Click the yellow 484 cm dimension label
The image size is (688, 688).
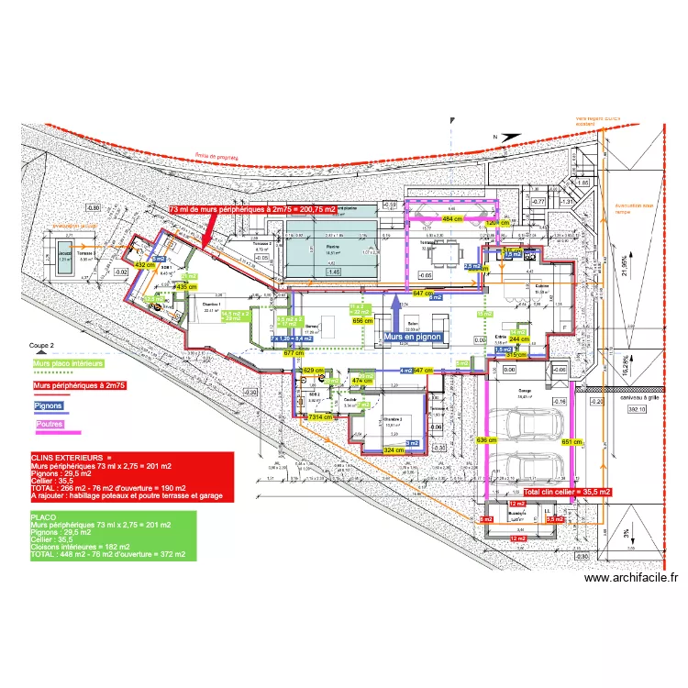[452, 220]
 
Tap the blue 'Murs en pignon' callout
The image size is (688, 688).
[413, 337]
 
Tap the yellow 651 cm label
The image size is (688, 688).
[571, 442]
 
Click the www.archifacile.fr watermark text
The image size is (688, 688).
[631, 578]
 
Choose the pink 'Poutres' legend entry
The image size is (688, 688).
[49, 423]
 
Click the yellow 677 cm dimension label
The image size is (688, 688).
[294, 352]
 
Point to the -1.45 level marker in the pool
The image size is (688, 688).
[333, 272]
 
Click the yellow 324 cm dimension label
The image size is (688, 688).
[393, 450]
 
